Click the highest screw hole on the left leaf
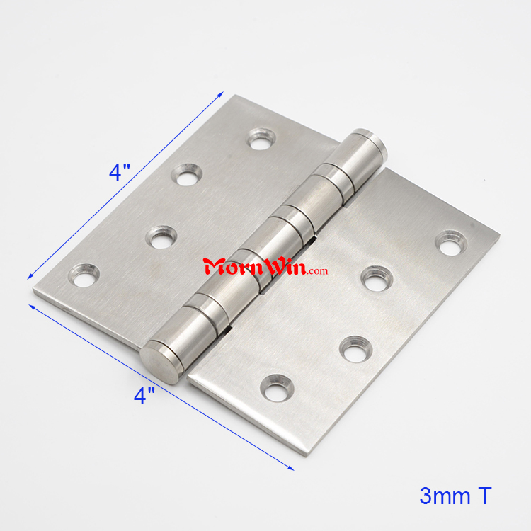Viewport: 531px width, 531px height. click(x=261, y=139)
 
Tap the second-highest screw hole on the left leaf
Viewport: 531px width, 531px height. click(x=187, y=175)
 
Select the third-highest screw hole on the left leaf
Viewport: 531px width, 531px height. click(x=161, y=237)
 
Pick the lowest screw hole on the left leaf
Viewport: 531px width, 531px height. click(x=84, y=275)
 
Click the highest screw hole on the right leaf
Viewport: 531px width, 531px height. click(x=451, y=242)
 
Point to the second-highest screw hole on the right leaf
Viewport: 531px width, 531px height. click(x=377, y=279)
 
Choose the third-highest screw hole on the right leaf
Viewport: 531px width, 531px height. click(x=356, y=350)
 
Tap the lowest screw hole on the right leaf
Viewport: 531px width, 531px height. click(x=277, y=388)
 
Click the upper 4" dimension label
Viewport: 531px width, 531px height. click(x=120, y=172)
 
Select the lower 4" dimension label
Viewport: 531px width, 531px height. click(x=144, y=396)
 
